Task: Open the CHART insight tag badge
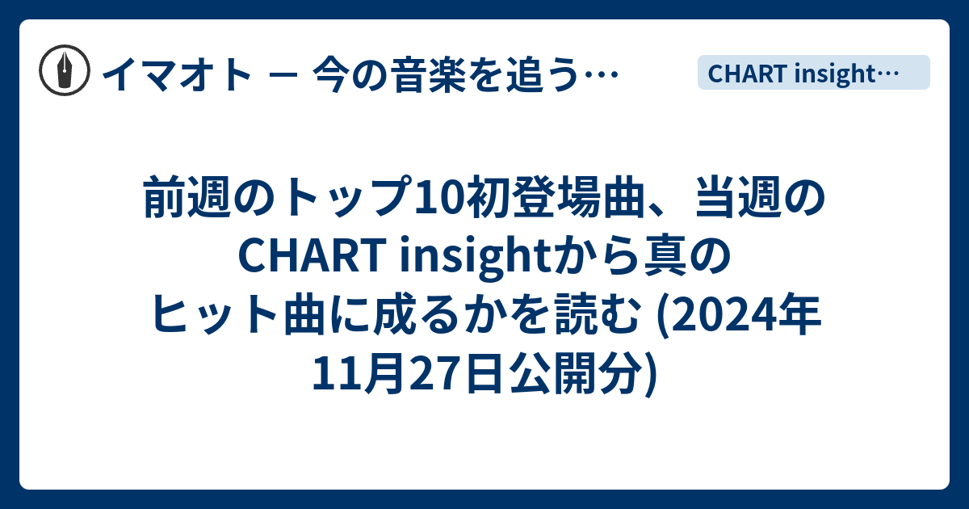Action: pyautogui.click(x=813, y=73)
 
